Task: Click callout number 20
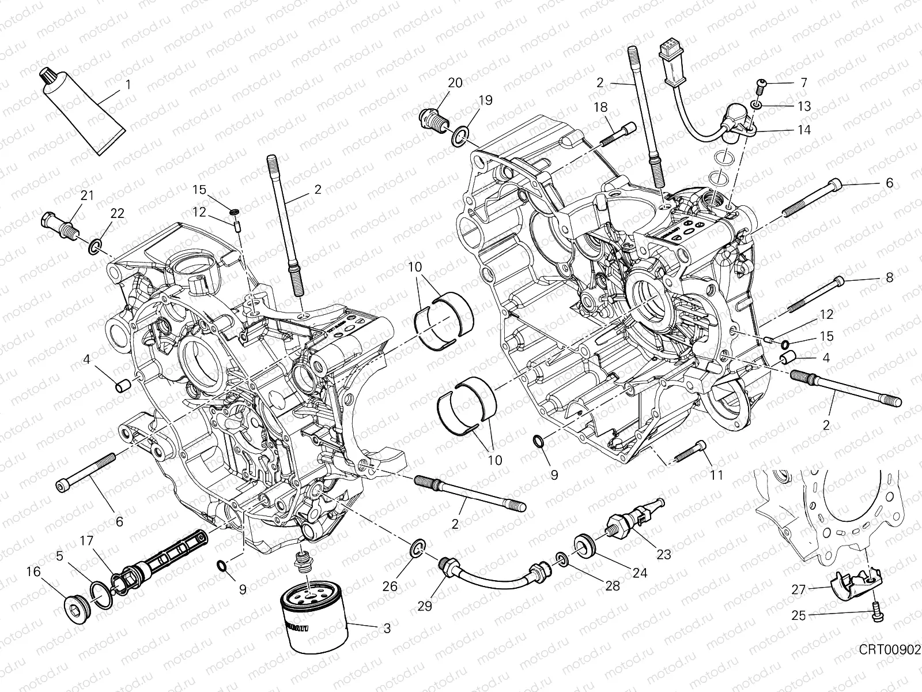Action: pos(455,82)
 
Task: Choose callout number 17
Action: pos(86,541)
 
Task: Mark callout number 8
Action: pos(889,278)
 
